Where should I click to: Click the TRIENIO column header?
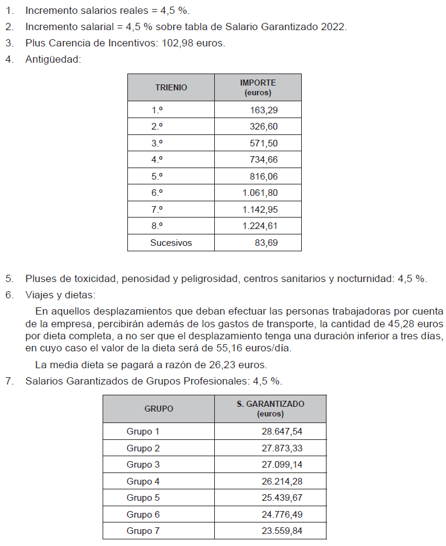point(171,87)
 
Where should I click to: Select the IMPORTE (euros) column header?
point(258,87)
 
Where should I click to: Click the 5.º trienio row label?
point(158,177)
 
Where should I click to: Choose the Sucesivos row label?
point(171,243)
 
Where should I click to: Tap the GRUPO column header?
point(158,409)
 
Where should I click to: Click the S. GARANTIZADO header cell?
point(270,409)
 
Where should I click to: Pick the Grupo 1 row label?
point(143,431)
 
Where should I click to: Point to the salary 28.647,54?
point(281,431)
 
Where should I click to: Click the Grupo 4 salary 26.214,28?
point(281,482)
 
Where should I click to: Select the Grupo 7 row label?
point(143,531)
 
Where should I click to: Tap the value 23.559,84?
point(281,531)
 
